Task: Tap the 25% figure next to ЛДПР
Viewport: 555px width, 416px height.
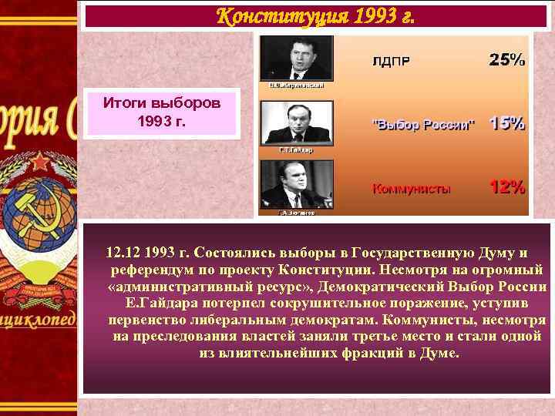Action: coord(506,59)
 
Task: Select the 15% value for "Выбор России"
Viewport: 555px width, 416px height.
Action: coord(506,123)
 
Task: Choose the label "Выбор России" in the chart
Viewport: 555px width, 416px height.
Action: coord(424,125)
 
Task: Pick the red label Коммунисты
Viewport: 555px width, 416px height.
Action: coord(412,188)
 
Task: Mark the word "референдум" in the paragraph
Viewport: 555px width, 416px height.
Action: coord(150,270)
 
